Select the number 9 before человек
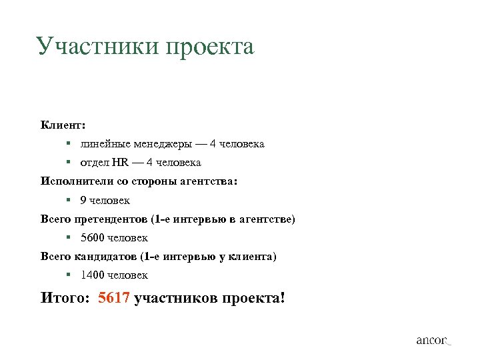click(x=83, y=200)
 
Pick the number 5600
click(x=92, y=237)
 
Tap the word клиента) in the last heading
click(x=253, y=256)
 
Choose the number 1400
click(x=92, y=275)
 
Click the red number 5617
click(x=113, y=297)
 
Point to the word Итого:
click(x=65, y=297)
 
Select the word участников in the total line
click(x=173, y=297)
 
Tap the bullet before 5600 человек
click(x=69, y=237)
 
